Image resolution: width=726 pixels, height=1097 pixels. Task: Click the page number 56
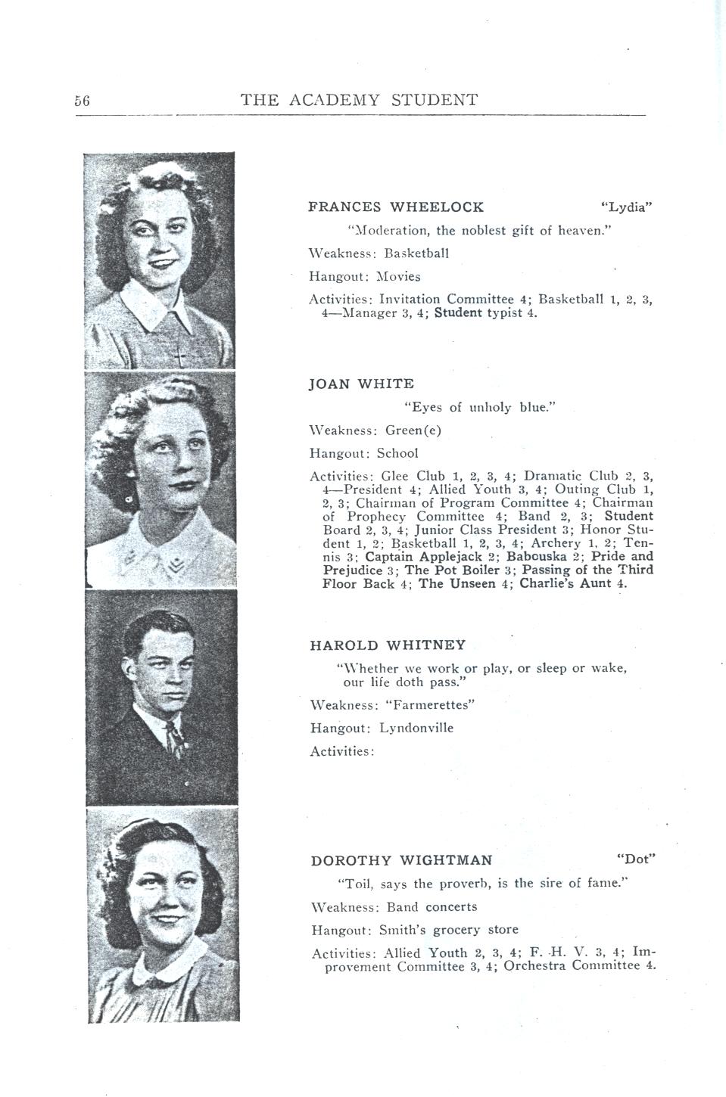(83, 101)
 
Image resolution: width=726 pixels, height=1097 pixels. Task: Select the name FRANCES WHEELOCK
(396, 207)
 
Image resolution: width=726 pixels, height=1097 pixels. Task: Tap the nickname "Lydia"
(625, 207)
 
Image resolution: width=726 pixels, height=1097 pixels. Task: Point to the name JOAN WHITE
(362, 384)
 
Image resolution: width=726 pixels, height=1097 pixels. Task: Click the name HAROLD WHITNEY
(388, 645)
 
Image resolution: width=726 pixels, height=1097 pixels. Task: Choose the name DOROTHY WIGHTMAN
(401, 860)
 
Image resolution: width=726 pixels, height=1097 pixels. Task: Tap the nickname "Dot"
(635, 859)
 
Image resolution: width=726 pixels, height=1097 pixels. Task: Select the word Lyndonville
(416, 728)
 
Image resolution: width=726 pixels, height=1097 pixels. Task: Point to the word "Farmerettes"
(430, 705)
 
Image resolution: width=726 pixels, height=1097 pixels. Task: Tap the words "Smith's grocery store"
(453, 930)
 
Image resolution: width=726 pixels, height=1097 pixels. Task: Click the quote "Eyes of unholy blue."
(480, 408)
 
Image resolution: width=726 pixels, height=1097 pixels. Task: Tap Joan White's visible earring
(129, 501)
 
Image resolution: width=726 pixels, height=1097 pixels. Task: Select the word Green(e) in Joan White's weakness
(413, 430)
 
